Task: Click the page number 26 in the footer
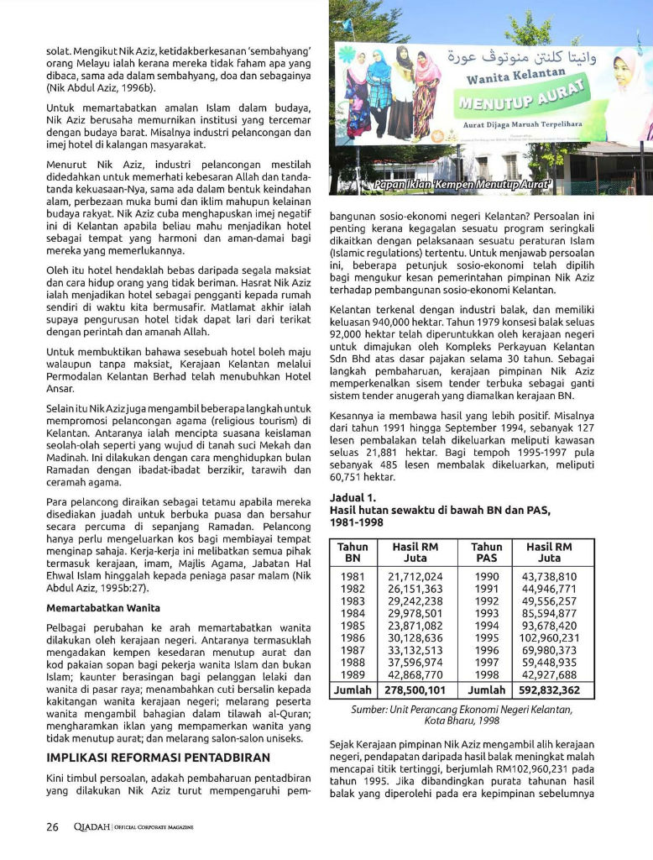pyautogui.click(x=52, y=826)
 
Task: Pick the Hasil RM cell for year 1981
pyautogui.click(x=415, y=577)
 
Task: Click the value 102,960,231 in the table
pyautogui.click(x=549, y=637)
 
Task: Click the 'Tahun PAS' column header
pyautogui.click(x=487, y=552)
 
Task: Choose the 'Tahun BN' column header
pyautogui.click(x=353, y=552)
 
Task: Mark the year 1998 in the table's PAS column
pyautogui.click(x=487, y=674)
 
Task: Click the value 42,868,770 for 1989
pyautogui.click(x=415, y=674)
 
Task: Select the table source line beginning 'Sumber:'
pyautogui.click(x=462, y=715)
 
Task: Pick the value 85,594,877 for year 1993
pyautogui.click(x=549, y=613)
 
